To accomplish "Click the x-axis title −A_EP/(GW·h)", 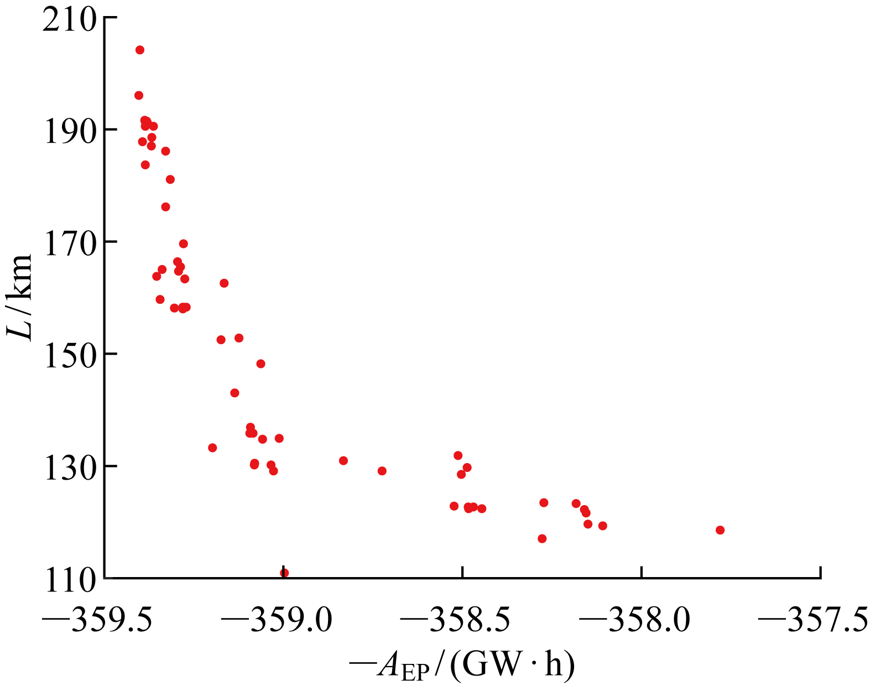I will coord(462,666).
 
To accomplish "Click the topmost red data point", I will coord(140,50).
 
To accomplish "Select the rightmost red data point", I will coord(720,530).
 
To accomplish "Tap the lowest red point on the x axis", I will coord(284,573).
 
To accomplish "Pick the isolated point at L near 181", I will coord(170,179).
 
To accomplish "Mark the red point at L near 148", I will coord(261,363).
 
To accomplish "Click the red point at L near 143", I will coord(235,393).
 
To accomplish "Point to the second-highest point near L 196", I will coord(139,95).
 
